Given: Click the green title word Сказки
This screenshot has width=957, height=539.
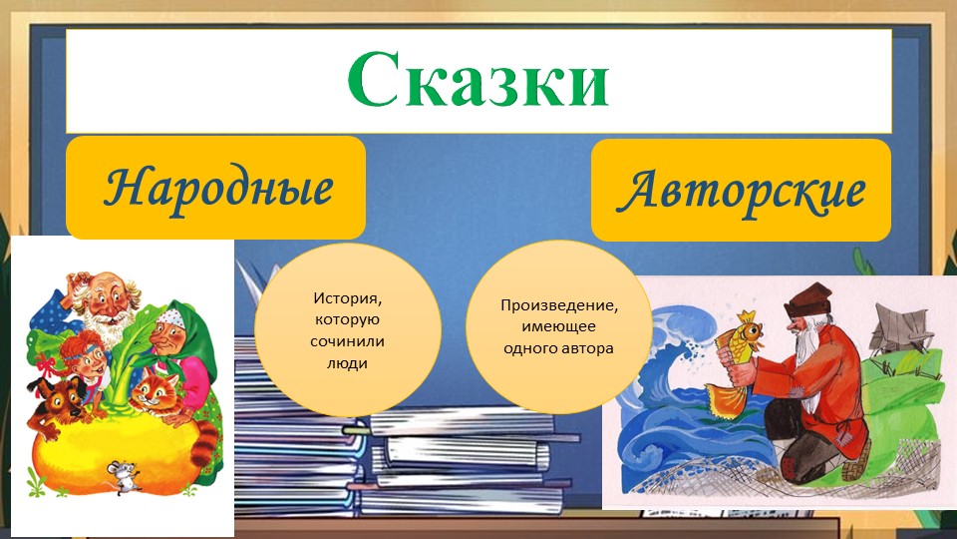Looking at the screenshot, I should pyautogui.click(x=478, y=80).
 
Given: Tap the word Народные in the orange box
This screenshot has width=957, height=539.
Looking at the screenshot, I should pyautogui.click(x=217, y=188).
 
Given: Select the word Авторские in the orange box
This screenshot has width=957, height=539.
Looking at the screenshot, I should pyautogui.click(x=741, y=190).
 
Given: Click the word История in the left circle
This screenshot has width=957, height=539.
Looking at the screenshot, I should pyautogui.click(x=347, y=297).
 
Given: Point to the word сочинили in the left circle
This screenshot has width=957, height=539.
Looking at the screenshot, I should pyautogui.click(x=347, y=341).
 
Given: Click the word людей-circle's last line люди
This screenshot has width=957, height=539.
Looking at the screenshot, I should pyautogui.click(x=347, y=363).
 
